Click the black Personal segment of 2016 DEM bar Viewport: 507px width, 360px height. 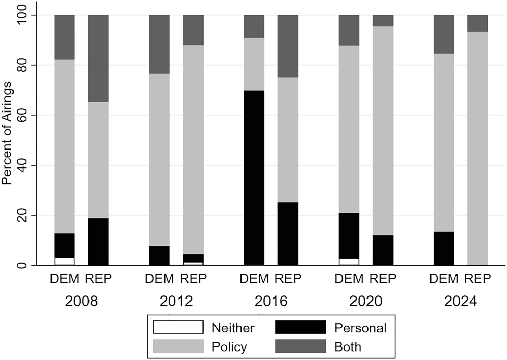[254, 178]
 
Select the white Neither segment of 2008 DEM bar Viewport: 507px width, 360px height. [65, 261]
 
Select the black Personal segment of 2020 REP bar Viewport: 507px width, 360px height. [383, 250]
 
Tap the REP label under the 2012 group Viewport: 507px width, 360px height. [193, 280]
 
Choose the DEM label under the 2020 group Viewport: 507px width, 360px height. [349, 280]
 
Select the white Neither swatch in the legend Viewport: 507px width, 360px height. [178, 328]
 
